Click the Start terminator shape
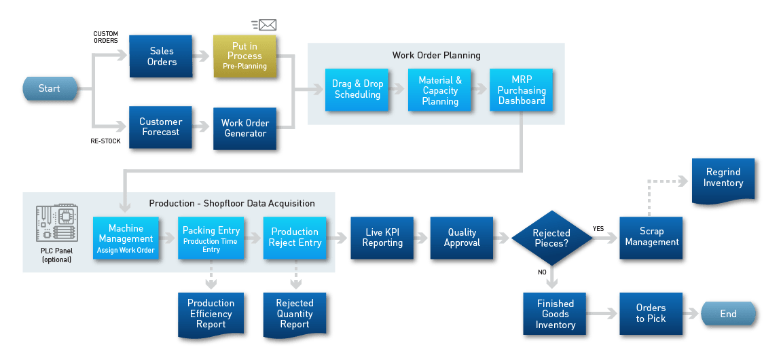coord(49,89)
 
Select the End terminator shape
coord(728,314)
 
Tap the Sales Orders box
coord(162,56)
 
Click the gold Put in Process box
coord(244,56)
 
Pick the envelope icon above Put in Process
coord(267,25)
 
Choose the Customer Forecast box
coord(161,127)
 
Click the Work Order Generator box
coord(244,128)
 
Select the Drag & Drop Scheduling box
coord(358,90)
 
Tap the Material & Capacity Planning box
coord(440,90)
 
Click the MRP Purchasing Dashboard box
coord(522,90)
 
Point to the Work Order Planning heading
coord(436,55)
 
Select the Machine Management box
coord(126,238)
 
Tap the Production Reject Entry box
coord(295,237)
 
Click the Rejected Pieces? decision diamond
coord(551,238)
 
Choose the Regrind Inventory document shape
coord(723,179)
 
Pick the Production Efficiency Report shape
coord(211,314)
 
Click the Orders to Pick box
coord(651,313)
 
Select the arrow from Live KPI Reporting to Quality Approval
coord(420,238)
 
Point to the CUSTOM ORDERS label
coord(105,37)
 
